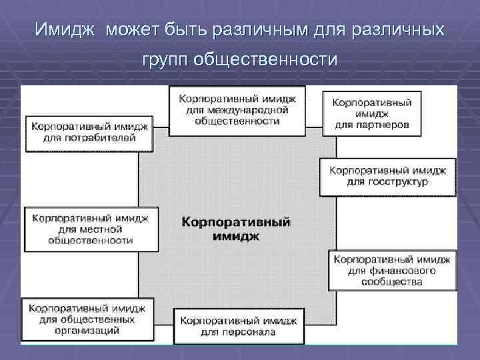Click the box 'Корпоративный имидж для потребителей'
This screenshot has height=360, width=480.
[90, 131]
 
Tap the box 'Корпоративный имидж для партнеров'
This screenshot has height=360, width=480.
[371, 114]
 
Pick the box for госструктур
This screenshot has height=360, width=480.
[387, 175]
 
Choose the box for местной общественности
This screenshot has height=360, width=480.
[91, 229]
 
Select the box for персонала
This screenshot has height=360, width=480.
[238, 325]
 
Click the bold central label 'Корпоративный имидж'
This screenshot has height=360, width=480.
[237, 228]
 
